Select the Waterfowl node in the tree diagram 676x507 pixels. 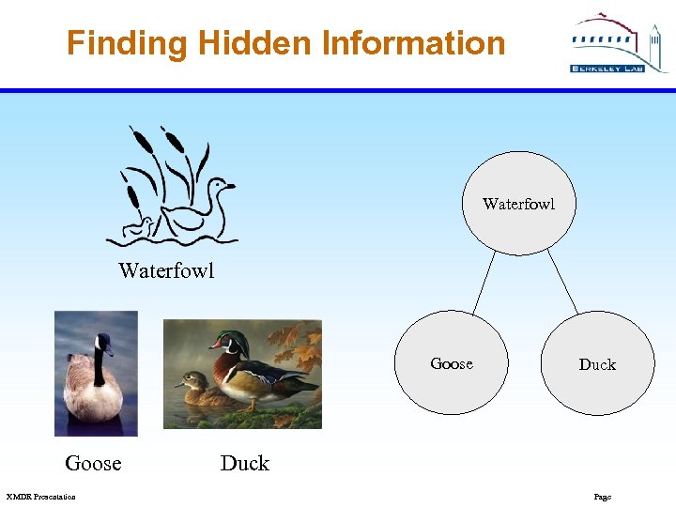point(517,204)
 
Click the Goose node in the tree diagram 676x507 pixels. point(453,363)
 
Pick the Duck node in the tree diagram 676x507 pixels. point(596,364)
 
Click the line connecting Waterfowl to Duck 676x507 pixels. point(562,283)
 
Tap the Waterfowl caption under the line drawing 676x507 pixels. point(166,271)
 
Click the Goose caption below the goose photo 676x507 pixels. point(93,463)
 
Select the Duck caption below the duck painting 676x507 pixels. point(244,463)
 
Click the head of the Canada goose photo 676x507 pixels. point(101,344)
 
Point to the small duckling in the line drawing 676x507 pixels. point(143,226)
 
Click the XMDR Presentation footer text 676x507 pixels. point(40,497)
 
